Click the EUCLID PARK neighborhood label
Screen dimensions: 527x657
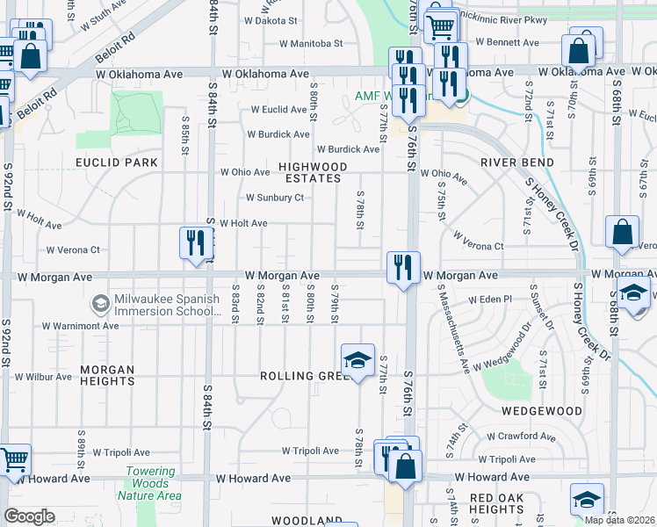pos(117,162)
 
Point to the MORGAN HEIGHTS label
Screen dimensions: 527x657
pos(107,376)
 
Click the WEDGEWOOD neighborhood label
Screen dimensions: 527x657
pos(542,411)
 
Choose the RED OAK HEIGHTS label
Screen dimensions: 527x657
pos(497,503)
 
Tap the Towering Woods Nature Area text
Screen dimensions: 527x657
pos(153,484)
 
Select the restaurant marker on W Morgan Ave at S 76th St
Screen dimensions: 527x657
pos(403,267)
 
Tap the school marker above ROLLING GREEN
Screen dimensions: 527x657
pos(357,359)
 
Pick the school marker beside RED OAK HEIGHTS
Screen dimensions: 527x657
pos(587,499)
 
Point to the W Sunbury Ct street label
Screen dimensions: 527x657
pos(274,198)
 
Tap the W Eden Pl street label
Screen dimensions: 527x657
pos(489,300)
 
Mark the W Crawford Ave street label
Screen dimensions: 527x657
pos(523,437)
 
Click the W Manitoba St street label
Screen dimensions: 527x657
pos(310,43)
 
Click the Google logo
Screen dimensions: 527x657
pos(29,516)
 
